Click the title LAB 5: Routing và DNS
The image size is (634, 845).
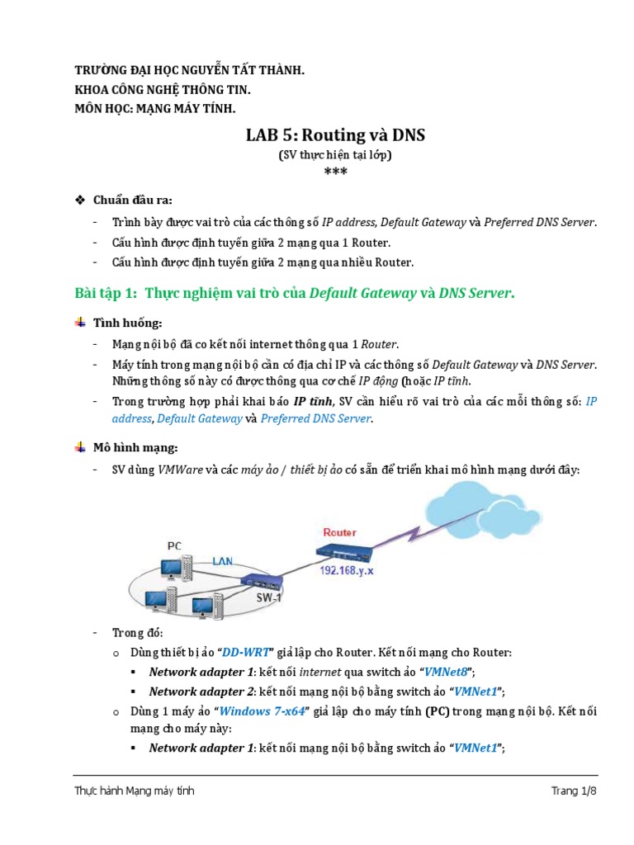pos(335,135)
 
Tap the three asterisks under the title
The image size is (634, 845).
pos(335,172)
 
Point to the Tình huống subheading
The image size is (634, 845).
pos(127,323)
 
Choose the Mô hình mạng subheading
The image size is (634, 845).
pos(135,447)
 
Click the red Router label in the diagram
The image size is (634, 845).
pos(340,532)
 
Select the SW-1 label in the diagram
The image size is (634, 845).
pos(267,597)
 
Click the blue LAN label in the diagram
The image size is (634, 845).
pos(223,561)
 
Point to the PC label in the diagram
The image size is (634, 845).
pos(174,545)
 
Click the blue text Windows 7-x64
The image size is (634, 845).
pos(261,711)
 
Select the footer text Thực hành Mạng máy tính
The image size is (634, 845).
pos(135,791)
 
